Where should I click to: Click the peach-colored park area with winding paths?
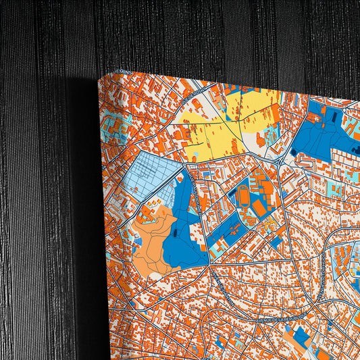[154, 240]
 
